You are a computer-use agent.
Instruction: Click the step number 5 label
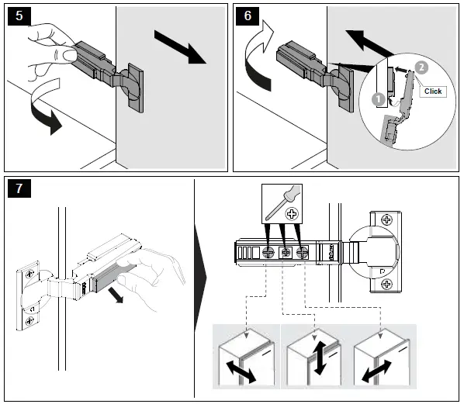click(19, 16)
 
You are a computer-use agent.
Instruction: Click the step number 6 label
click(248, 16)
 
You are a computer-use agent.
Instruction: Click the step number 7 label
click(19, 188)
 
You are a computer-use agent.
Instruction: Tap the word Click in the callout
click(433, 91)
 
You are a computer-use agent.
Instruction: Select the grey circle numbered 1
click(378, 100)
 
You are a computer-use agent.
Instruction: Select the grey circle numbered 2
click(421, 67)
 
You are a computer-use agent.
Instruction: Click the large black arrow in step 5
click(180, 47)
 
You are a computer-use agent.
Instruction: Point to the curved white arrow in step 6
click(258, 55)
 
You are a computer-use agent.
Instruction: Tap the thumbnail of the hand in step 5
click(70, 55)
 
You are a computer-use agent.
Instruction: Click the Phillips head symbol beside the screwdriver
click(292, 214)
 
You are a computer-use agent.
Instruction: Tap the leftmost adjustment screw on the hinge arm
click(268, 253)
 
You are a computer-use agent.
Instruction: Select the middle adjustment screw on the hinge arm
click(286, 253)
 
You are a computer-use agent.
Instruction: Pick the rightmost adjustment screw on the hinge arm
click(303, 253)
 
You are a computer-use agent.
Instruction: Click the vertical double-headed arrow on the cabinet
click(320, 358)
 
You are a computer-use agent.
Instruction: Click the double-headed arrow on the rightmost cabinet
click(376, 371)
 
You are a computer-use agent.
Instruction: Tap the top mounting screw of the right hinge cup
click(386, 219)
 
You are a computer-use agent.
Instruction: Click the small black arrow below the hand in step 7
click(116, 295)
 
